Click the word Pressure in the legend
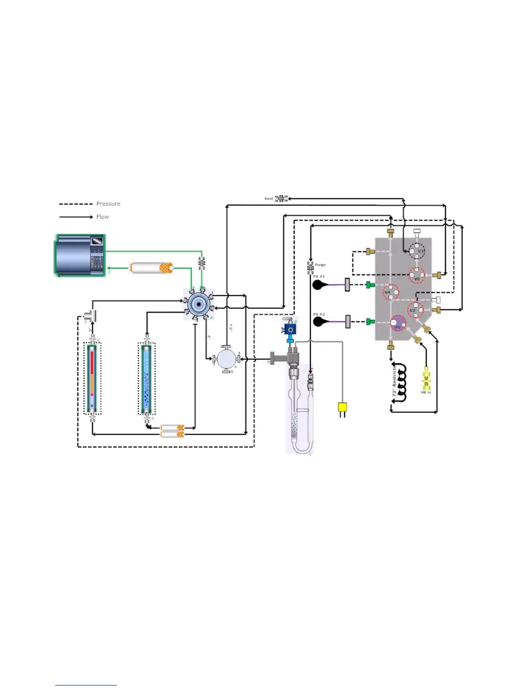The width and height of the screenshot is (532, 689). [x=108, y=204]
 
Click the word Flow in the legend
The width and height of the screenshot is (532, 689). [x=103, y=217]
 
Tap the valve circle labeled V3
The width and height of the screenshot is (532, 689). [x=417, y=251]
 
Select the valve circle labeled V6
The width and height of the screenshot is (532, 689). [x=417, y=275]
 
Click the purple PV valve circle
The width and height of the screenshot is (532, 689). [x=398, y=324]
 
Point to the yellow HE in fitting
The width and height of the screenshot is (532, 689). [x=426, y=378]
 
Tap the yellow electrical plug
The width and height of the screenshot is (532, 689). [x=342, y=408]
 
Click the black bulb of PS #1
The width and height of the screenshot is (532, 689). [x=318, y=285]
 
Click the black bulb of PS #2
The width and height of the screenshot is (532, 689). [x=318, y=322]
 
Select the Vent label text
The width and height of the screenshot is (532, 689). [x=269, y=199]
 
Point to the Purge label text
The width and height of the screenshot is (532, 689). [x=320, y=265]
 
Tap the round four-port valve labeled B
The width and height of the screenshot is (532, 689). [x=226, y=359]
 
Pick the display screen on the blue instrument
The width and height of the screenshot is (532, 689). [x=97, y=241]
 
